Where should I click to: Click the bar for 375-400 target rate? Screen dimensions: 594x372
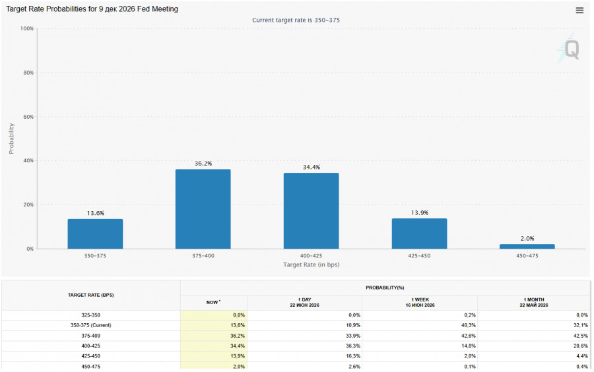[203, 209]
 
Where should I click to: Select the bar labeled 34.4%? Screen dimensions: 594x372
[311, 211]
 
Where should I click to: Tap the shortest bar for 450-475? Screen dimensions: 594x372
[527, 247]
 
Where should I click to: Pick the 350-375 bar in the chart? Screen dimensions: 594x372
[95, 234]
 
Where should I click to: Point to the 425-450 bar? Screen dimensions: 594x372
[419, 233]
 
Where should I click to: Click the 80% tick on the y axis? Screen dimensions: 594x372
[28, 73]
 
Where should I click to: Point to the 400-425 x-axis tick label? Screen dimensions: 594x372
[311, 256]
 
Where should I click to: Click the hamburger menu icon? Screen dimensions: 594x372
[579, 11]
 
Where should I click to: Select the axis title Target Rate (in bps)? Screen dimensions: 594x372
[311, 264]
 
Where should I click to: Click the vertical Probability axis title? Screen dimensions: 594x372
[11, 139]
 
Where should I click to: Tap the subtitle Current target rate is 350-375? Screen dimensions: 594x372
[296, 20]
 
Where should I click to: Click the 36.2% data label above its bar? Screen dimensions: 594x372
[203, 164]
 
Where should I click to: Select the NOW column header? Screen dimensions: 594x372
[213, 302]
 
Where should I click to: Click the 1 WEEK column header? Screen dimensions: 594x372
[420, 302]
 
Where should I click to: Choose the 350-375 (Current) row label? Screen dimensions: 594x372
[91, 325]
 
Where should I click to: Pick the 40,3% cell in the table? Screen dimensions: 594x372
[470, 325]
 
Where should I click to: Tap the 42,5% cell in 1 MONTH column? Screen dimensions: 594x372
[582, 336]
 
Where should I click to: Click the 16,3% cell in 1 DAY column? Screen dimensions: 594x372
[354, 356]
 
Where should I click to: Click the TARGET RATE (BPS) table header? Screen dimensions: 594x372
[91, 295]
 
